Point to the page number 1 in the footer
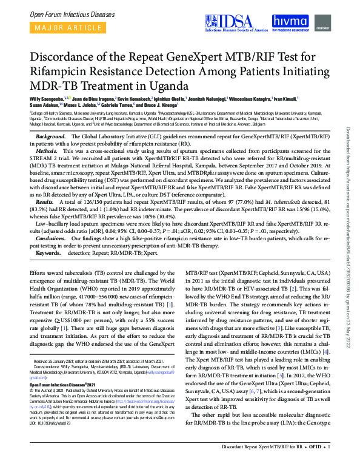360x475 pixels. point(328,463)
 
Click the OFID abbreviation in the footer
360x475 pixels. point(315,463)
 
